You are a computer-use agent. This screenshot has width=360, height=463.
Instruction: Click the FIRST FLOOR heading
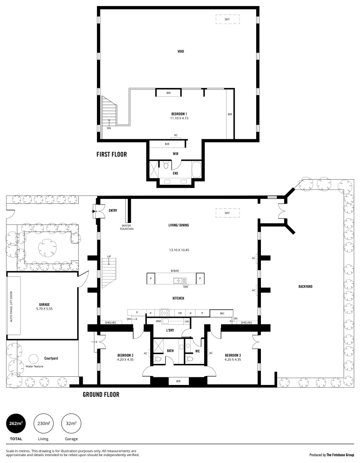point(112,154)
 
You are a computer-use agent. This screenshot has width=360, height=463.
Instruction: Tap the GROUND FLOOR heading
point(101,394)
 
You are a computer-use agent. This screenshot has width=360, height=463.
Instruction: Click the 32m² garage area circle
point(71,424)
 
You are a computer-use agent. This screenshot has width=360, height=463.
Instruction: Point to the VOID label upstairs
point(181,51)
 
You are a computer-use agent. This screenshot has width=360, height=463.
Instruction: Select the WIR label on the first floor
point(175,153)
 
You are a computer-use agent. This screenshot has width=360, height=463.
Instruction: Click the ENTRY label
point(113,210)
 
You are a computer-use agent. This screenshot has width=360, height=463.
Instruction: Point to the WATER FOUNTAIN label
point(128,227)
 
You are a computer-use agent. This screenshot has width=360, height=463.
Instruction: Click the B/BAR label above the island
point(175,271)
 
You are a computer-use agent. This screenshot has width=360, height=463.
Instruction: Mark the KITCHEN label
point(179,298)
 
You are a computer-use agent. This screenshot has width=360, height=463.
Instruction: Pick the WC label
point(197,351)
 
